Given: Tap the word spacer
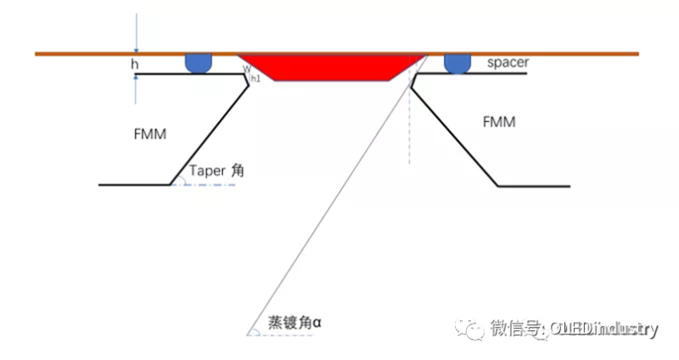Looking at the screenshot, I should [508, 64].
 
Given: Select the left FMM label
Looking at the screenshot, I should [149, 133].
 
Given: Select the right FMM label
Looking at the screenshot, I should [499, 122].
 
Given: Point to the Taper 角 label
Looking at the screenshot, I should [216, 170].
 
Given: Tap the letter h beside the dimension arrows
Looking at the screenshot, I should [134, 64].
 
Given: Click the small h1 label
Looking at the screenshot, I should [255, 78].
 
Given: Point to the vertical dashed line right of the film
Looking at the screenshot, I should [409, 127].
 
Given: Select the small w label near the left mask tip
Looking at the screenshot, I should [246, 70].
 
